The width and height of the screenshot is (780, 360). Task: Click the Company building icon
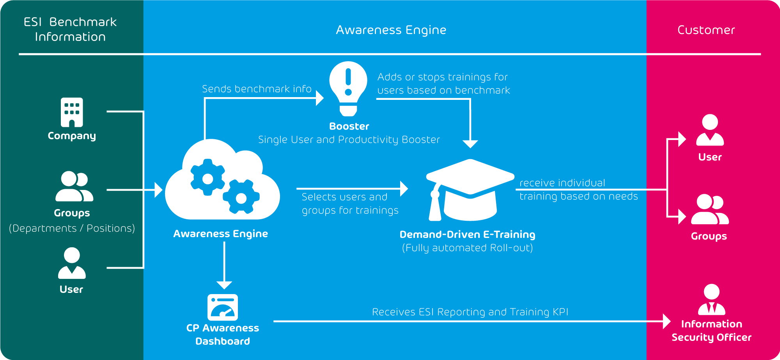pos(72,112)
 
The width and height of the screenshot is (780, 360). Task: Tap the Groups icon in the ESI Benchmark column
pos(74,186)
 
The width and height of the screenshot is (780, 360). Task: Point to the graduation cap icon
pos(470,189)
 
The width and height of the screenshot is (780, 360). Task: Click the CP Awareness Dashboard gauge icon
pos(223,307)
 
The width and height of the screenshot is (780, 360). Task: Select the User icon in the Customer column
pos(710,130)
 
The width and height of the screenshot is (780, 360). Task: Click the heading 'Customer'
pos(706,30)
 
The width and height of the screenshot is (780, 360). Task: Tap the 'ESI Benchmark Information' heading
pos(70,29)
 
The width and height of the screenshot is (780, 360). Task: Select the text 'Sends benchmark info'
pos(257,89)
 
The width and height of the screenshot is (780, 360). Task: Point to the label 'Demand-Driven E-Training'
pos(467,234)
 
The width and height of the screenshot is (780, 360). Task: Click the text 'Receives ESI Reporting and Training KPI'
pos(470,312)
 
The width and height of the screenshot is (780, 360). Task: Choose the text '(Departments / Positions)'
pos(72,228)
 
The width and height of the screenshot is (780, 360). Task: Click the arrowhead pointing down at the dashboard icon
pos(224,285)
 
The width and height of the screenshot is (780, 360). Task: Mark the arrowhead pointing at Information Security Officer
pos(667,321)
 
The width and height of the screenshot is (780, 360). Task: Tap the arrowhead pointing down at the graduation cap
pos(470,144)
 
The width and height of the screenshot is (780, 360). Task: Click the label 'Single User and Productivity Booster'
pos(349,140)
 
